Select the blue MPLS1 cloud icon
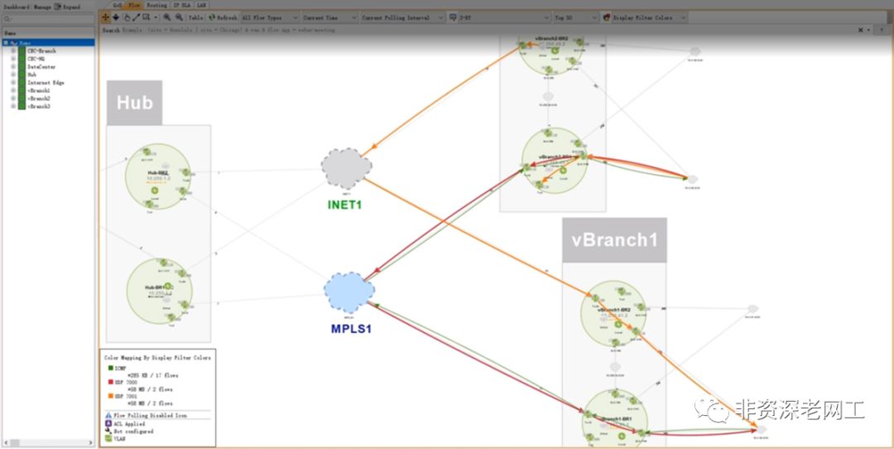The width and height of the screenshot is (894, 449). click(349, 292)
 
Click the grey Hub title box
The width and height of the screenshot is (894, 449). click(134, 103)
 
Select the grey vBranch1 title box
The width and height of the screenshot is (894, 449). click(613, 240)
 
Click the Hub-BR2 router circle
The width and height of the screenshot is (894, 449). click(158, 176)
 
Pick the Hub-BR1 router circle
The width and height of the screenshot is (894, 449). click(159, 290)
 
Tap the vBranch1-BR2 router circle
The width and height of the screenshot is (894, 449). click(613, 313)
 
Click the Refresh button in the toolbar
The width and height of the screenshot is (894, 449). click(223, 17)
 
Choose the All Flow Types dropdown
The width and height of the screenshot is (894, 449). click(267, 17)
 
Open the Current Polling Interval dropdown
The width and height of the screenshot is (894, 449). click(401, 17)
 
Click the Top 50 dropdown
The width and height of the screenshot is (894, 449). click(575, 17)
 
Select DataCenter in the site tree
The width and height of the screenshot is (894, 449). click(41, 67)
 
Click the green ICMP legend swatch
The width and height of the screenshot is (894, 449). click(108, 367)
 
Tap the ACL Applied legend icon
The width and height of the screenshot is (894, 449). click(108, 422)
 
